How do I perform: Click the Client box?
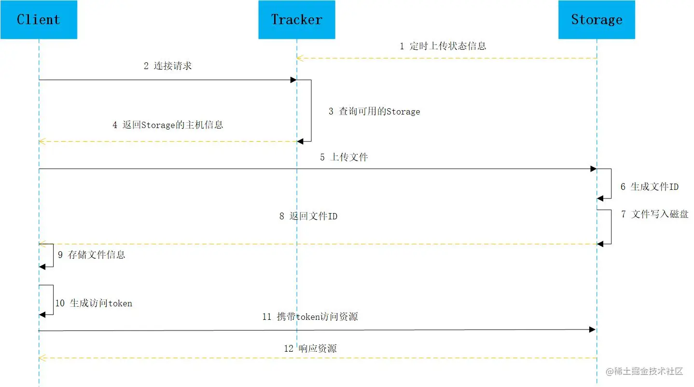(x=39, y=20)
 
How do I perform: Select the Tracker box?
(x=296, y=20)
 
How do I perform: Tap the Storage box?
(x=597, y=20)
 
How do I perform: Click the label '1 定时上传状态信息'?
(x=443, y=46)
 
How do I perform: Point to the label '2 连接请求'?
(x=167, y=66)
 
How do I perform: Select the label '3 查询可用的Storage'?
(x=375, y=112)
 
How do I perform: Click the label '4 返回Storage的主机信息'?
(x=168, y=125)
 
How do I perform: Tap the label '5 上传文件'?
(x=344, y=157)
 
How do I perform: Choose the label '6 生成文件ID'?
(x=650, y=186)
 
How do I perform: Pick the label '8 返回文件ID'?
(x=308, y=216)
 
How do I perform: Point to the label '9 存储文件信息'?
(x=92, y=255)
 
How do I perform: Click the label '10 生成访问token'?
(x=94, y=303)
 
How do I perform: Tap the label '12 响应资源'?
(x=310, y=348)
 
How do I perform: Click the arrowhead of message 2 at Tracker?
(x=293, y=80)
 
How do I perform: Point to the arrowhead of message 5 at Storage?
(x=593, y=169)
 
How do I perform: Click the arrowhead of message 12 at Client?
(x=42, y=358)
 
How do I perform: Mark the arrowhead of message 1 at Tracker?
(x=300, y=58)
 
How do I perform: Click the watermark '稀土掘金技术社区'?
(x=645, y=371)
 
